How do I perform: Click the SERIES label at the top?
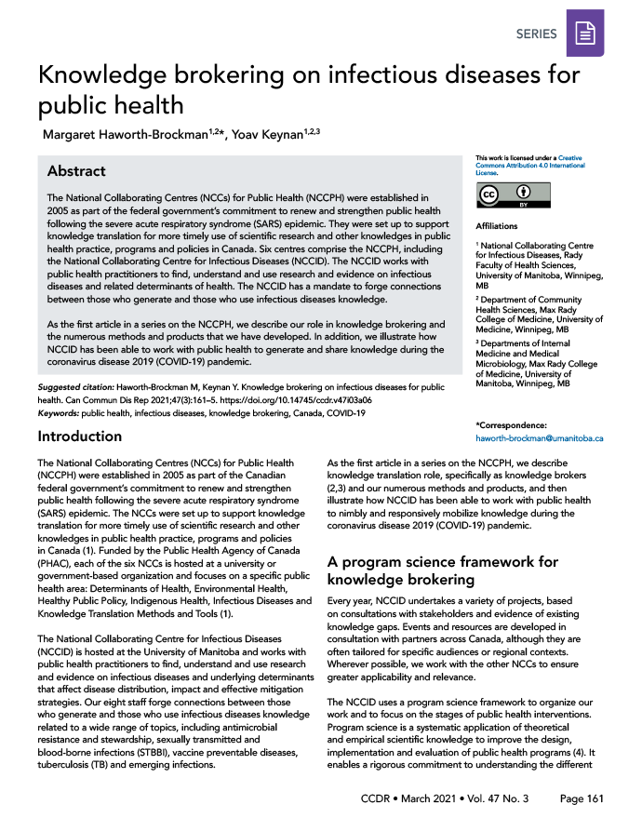(536, 34)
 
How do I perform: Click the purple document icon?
(585, 34)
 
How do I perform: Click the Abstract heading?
(76, 171)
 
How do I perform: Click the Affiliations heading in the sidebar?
(497, 226)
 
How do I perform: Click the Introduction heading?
(79, 436)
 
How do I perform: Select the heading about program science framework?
(442, 570)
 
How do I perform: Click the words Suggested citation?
(77, 386)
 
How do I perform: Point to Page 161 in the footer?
(582, 798)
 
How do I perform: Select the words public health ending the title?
(111, 106)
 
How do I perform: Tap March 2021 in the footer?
(434, 798)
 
